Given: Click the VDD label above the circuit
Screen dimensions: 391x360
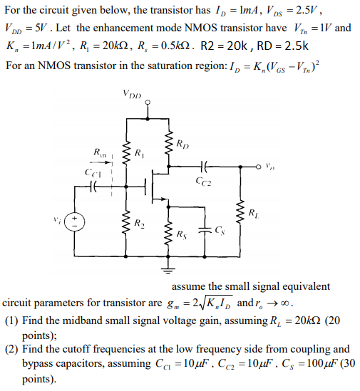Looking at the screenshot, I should click(x=132, y=93).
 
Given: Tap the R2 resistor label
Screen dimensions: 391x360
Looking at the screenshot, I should click(x=140, y=224).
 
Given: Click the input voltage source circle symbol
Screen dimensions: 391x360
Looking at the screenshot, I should click(x=77, y=221).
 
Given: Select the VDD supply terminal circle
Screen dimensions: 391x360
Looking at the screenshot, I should click(x=148, y=103).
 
